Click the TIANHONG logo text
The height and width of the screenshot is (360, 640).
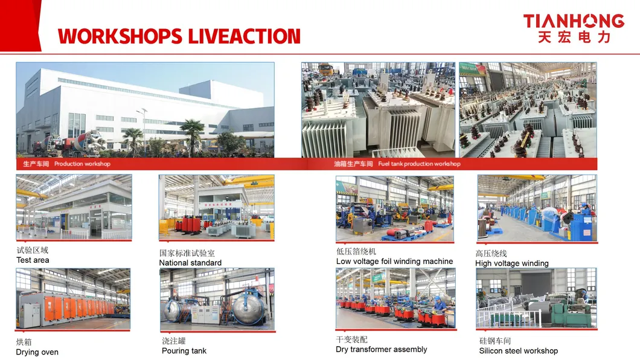574,21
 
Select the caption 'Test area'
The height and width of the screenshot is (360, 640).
33,260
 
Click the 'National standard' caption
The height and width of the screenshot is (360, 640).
190,263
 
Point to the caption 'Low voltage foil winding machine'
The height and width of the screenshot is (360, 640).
394,262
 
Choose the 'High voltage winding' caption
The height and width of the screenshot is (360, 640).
511,263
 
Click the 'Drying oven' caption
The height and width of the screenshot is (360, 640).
37,352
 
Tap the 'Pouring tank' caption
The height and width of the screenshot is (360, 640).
184,351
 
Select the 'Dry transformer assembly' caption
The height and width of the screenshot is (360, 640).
381,350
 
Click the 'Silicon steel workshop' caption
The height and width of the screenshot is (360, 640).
518,351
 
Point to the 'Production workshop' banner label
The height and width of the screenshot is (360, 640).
82,164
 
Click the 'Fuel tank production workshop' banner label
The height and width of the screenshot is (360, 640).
419,164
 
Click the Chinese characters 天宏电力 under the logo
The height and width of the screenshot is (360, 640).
574,37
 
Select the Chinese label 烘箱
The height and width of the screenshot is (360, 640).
24,342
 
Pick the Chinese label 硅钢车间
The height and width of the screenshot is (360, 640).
495,341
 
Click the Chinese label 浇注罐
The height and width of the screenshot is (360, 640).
174,341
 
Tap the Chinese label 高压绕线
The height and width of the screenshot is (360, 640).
491,254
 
